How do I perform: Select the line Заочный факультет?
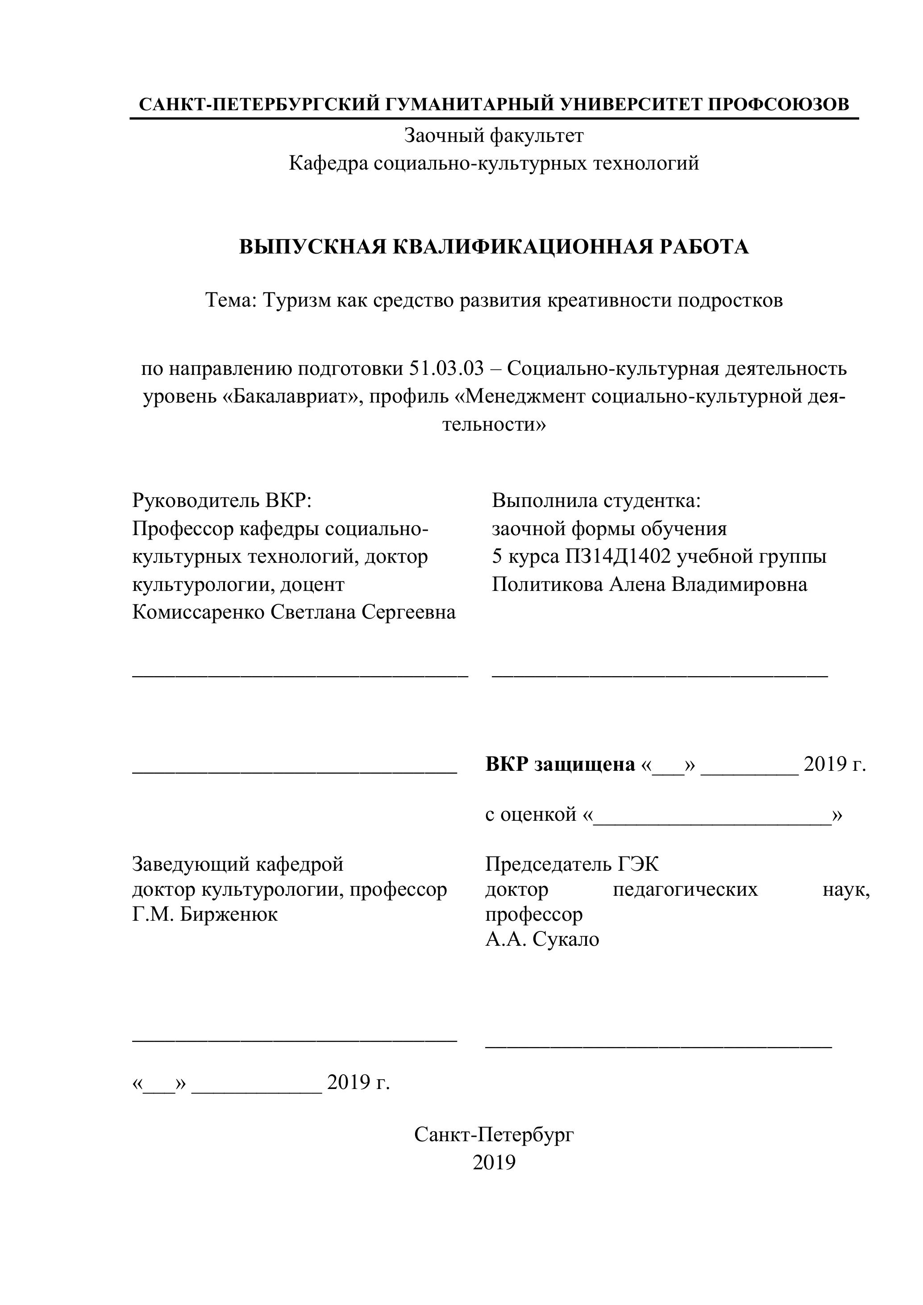point(493,136)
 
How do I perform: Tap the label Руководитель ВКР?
point(223,501)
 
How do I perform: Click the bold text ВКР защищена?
point(560,765)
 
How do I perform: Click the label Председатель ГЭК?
point(572,864)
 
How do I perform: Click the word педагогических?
point(685,889)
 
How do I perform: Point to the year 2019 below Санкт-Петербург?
point(494,1163)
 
